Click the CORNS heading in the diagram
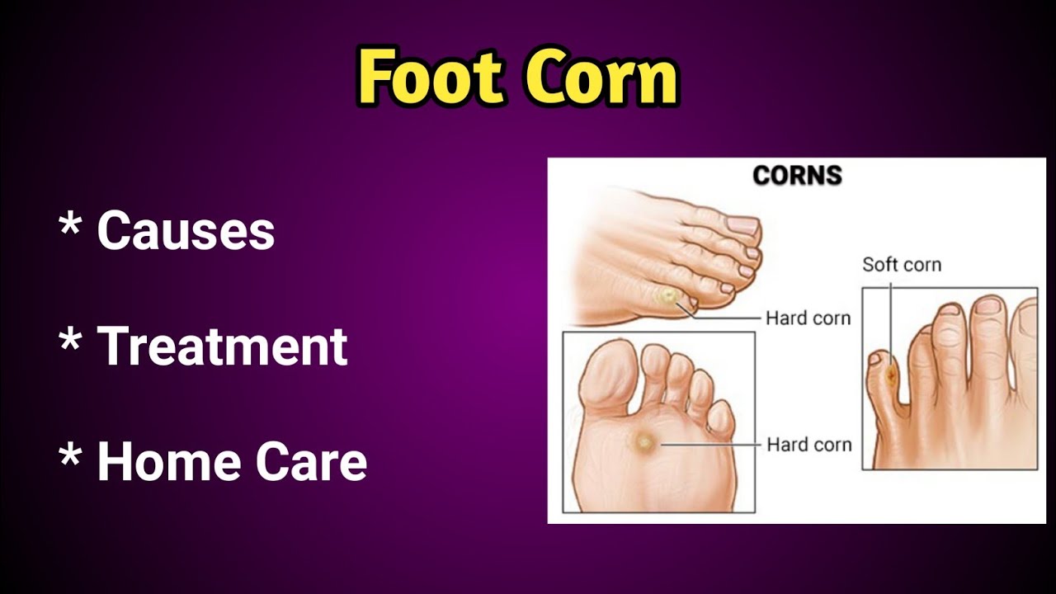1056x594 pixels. [x=797, y=176]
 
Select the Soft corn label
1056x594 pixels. [x=901, y=265]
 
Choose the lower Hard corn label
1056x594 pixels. [x=808, y=445]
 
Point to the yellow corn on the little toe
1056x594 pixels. [x=667, y=295]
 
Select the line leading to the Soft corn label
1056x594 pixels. [x=891, y=322]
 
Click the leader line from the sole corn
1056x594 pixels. [x=709, y=445]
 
